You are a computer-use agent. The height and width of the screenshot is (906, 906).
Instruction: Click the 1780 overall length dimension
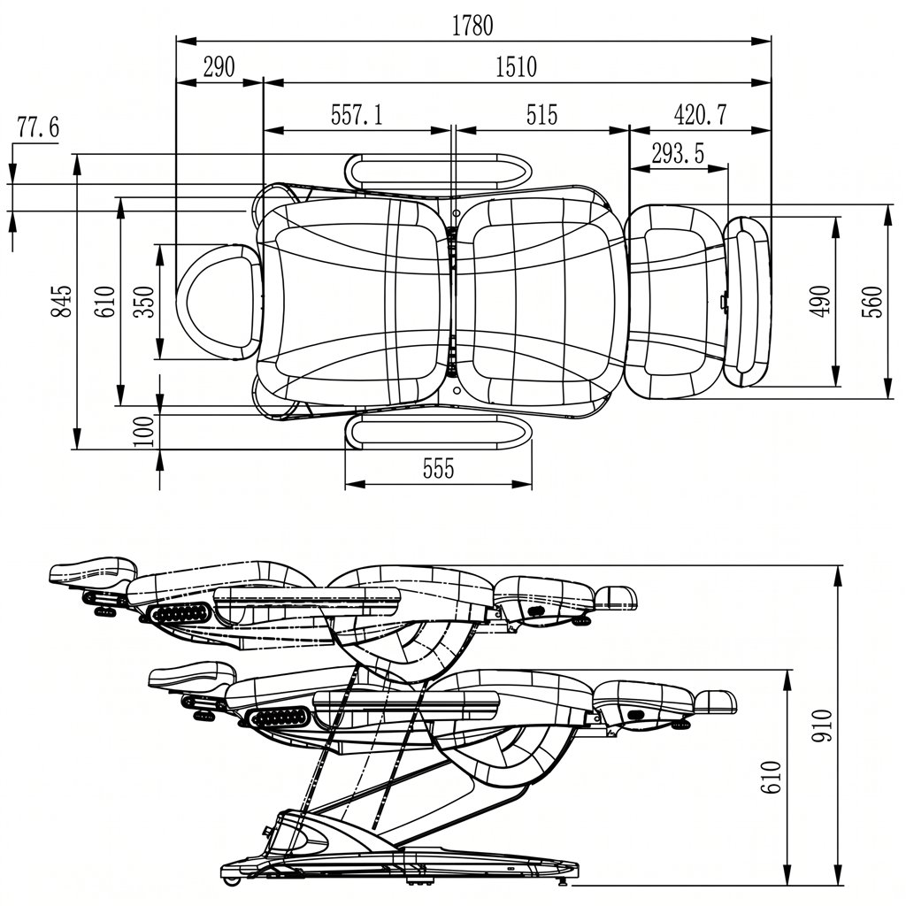pos(472,26)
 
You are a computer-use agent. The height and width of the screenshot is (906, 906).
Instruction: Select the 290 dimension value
pos(219,67)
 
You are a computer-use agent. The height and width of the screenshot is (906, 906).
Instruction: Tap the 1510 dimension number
pos(517,67)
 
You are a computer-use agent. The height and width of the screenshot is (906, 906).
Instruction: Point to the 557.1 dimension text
pos(357,114)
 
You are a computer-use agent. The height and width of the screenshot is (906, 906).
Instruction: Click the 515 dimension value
pos(542,114)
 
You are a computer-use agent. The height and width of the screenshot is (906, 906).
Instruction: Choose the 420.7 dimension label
pos(701,114)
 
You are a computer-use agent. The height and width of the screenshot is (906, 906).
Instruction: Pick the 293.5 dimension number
pos(678,154)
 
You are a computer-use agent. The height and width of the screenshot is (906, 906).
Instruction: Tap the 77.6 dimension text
pos(38,127)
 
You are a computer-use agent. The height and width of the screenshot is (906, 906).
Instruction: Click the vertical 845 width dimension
pos(61,301)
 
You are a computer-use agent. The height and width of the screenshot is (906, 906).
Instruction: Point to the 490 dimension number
pos(820,302)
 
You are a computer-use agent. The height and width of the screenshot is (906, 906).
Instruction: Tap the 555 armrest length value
pos(439,469)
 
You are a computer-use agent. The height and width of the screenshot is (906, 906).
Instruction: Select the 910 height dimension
pos(821,726)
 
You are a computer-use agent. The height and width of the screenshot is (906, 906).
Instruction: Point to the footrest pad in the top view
pos(747,301)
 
